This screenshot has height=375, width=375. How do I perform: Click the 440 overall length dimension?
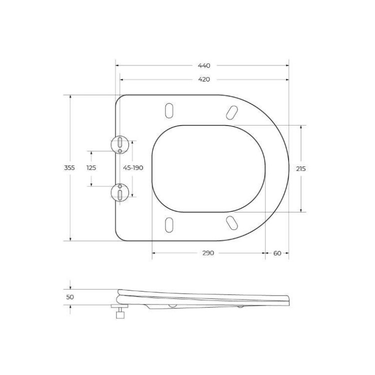203,65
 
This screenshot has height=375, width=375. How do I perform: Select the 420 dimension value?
203,79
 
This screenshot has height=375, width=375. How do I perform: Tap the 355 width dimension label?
69,168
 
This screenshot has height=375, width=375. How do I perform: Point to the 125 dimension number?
91,168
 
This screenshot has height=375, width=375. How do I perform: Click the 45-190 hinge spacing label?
133,168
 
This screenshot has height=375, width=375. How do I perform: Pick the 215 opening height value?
300,168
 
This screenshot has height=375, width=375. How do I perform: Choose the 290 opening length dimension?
208,253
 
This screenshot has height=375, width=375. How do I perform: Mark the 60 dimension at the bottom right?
277,253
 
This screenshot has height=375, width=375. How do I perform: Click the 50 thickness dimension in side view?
70,297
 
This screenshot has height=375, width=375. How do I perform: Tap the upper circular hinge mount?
120,143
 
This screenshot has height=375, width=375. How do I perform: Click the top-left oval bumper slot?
169,111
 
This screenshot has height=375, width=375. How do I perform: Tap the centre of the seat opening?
207,167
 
